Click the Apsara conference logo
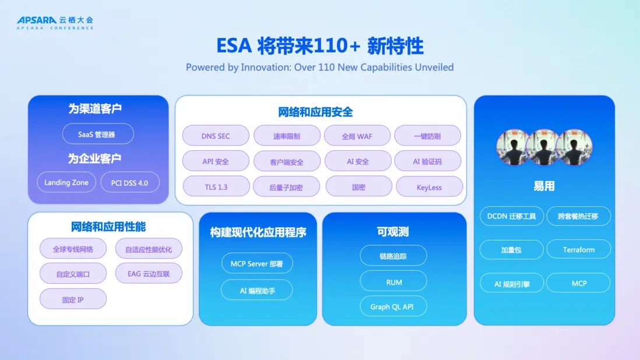coord(55,22)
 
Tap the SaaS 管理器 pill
coord(98,134)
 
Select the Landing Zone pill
coord(66,182)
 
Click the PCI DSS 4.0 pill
coord(129,182)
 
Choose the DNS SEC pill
coord(216,136)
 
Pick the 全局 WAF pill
coord(357,136)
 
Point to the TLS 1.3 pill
coord(216,187)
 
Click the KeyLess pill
coord(429,187)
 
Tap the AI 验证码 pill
coord(427,161)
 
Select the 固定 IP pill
coord(73,299)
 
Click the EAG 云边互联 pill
coord(149,273)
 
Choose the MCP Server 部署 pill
coord(257,263)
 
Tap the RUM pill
coord(394,282)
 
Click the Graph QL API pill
coord(392,306)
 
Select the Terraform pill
coord(578,250)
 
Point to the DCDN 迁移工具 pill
coord(511,216)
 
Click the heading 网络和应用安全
coord(315,112)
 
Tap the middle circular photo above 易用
coord(544,147)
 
